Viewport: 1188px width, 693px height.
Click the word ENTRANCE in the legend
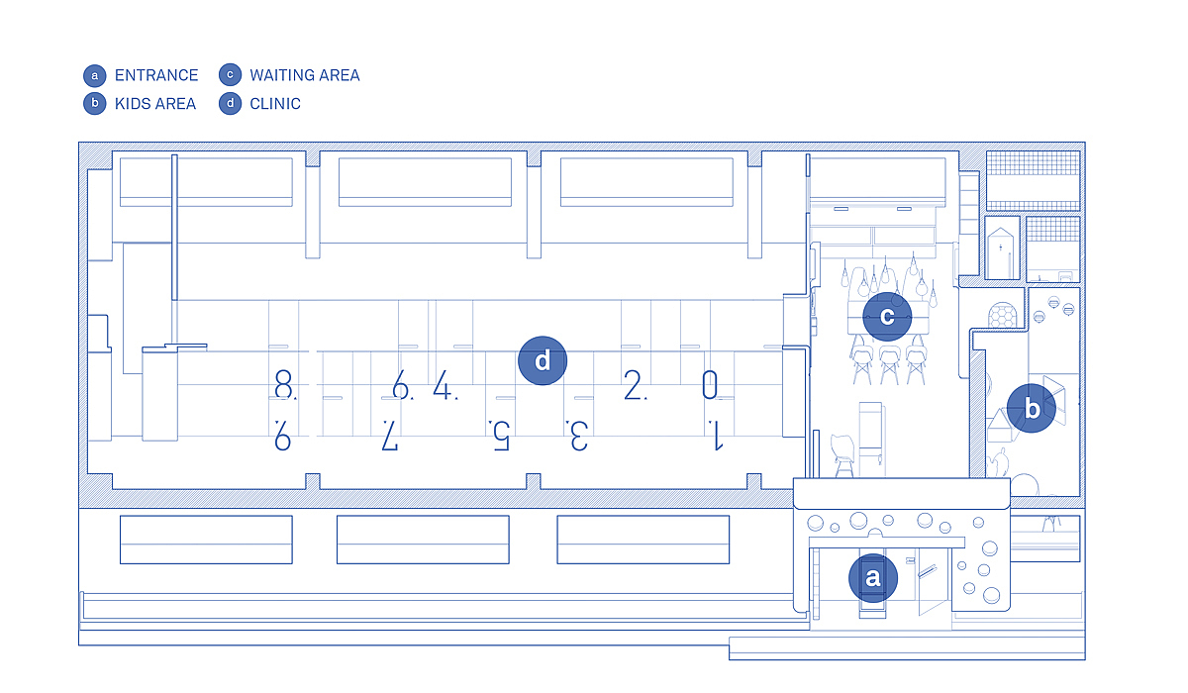156,75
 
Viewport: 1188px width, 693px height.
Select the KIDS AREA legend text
155,103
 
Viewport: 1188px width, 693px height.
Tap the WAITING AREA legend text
305,75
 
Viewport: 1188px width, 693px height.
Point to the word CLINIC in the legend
275,103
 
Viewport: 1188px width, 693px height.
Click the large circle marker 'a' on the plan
873,577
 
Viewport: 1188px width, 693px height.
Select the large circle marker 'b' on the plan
1031,408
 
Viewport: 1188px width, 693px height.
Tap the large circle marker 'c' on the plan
887,317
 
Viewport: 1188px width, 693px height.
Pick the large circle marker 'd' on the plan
543,360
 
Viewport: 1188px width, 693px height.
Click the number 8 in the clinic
284,384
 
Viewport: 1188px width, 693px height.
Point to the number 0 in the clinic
710,384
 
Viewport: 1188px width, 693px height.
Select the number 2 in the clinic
633,384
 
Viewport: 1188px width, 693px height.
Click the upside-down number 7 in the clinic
390,436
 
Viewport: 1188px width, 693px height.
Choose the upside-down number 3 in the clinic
579,436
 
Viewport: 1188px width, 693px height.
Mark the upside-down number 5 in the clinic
501,436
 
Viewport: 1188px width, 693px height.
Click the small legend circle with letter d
230,103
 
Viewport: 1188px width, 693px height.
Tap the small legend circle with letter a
95,75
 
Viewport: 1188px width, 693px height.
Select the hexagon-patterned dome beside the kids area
1002,315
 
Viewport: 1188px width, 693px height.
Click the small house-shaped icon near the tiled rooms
1000,253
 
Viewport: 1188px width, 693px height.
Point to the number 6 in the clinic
400,384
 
